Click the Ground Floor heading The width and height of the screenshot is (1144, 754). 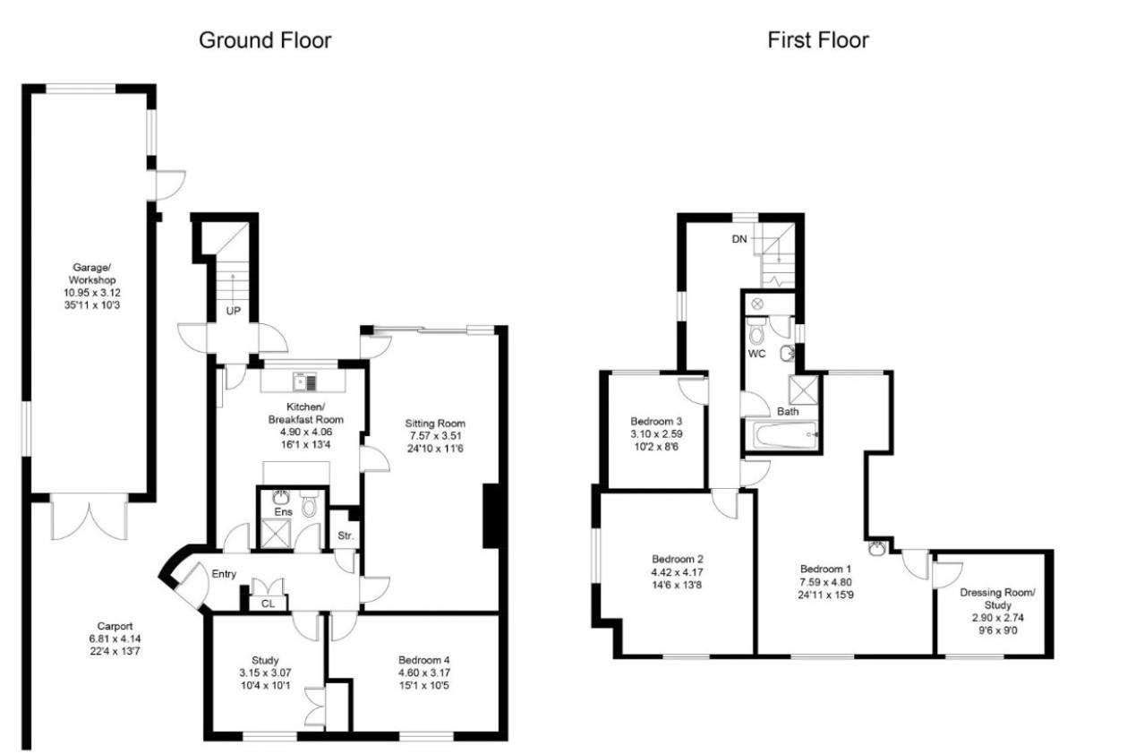265,40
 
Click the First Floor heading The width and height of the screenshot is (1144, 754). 817,40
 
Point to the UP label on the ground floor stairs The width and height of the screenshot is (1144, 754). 232,311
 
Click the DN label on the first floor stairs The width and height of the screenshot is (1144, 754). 739,239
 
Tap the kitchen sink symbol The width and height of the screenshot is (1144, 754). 303,383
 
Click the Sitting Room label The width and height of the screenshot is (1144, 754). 435,423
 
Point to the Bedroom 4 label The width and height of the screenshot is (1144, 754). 411,661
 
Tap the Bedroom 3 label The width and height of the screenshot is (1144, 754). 657,421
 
